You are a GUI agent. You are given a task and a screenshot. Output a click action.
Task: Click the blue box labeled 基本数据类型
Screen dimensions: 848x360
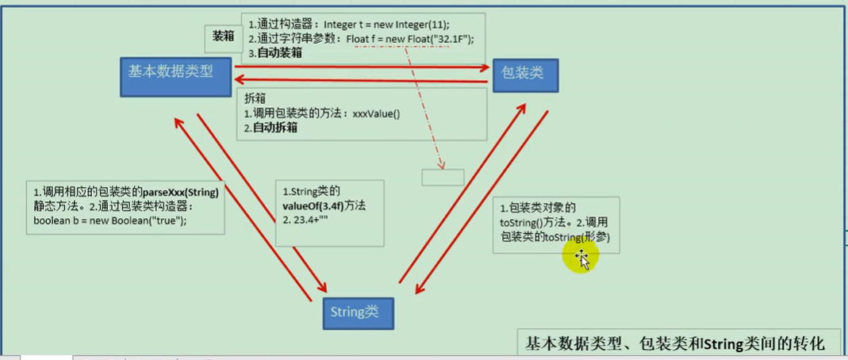177,76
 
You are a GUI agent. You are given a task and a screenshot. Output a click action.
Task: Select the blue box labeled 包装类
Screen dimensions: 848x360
524,75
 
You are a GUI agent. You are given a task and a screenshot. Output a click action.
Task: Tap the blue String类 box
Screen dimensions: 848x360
358,312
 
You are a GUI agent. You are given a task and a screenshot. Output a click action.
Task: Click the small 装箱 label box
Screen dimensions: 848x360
223,36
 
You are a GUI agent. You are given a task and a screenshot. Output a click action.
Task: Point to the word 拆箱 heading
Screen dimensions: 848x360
255,99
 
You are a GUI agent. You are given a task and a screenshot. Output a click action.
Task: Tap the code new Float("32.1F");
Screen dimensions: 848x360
420,39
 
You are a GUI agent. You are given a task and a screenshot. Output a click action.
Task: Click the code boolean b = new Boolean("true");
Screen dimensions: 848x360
110,220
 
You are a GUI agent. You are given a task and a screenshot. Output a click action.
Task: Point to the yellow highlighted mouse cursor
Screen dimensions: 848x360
581,257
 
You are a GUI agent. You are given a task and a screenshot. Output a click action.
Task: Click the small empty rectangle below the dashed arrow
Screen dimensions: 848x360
442,177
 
